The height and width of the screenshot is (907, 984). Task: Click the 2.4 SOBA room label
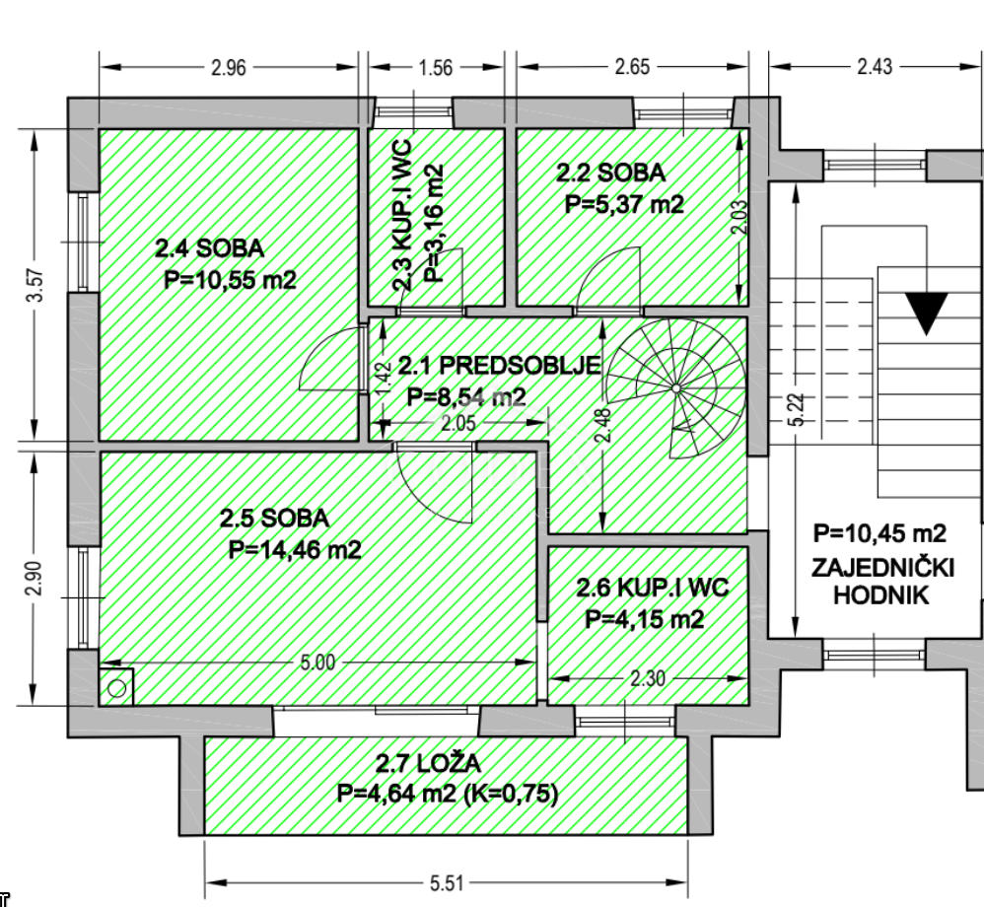[210, 248]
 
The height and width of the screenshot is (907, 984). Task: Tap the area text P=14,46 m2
[295, 550]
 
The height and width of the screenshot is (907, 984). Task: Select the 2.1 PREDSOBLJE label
[499, 366]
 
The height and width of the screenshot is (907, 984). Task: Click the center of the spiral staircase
[675, 388]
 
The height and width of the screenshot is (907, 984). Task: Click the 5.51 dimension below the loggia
[447, 883]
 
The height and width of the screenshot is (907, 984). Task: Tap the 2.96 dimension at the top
[229, 68]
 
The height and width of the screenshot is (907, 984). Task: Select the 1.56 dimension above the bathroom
[436, 68]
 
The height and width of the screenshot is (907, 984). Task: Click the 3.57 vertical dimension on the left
[35, 286]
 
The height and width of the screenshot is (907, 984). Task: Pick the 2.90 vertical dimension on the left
[35, 578]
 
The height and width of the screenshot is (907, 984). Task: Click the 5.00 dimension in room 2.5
[317, 663]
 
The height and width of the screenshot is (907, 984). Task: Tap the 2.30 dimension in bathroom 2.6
[647, 678]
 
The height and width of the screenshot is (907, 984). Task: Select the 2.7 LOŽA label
[428, 764]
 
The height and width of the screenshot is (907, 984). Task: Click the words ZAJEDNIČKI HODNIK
[882, 582]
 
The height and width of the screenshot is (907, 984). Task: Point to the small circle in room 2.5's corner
[116, 688]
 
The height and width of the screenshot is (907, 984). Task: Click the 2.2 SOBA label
[610, 174]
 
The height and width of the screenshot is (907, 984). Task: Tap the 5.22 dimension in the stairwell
[796, 410]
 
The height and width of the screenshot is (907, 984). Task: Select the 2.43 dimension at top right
[875, 67]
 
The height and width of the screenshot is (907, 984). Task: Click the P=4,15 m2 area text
[645, 619]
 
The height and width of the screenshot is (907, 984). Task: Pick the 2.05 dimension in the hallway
[458, 424]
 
